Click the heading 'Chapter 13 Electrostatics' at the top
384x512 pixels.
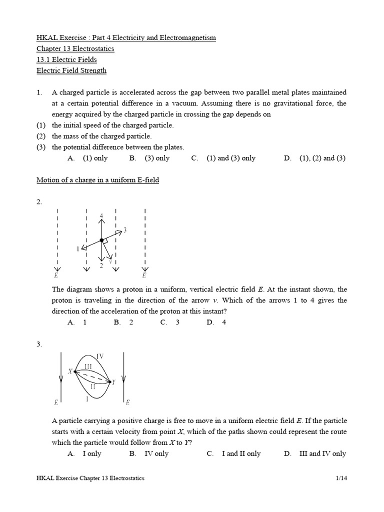click(x=75, y=49)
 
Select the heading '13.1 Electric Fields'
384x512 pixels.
click(x=66, y=59)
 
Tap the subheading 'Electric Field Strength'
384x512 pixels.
click(x=71, y=70)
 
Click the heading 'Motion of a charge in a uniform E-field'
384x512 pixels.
click(x=97, y=179)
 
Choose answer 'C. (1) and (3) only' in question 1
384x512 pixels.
click(x=223, y=158)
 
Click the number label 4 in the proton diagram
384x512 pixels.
click(x=101, y=216)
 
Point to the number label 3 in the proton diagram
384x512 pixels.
click(x=124, y=230)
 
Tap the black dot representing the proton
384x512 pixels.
click(x=101, y=240)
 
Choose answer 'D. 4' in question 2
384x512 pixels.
click(x=216, y=322)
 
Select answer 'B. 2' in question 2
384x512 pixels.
click(x=123, y=322)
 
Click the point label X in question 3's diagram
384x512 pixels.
click(x=70, y=371)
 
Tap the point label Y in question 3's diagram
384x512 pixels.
click(x=113, y=382)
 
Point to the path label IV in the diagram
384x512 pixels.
click(x=99, y=356)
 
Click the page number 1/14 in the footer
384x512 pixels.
click(x=341, y=478)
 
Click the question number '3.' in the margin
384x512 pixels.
click(x=39, y=344)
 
